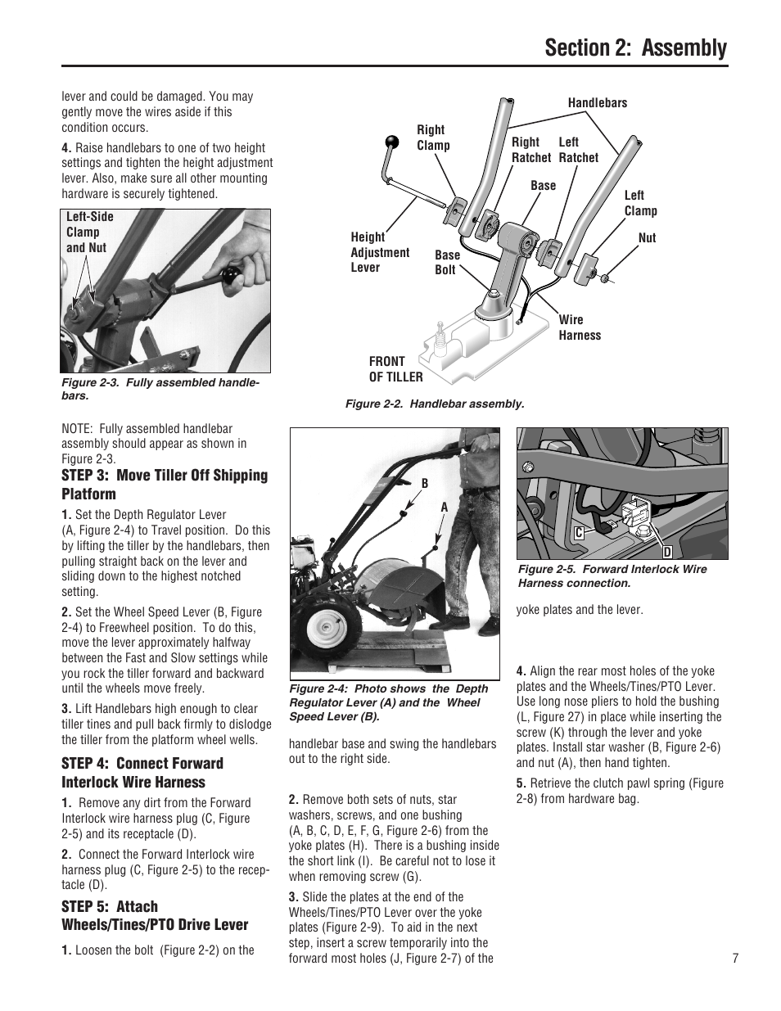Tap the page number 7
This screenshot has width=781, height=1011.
(x=735, y=959)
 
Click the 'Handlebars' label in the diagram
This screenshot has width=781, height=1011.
(x=597, y=103)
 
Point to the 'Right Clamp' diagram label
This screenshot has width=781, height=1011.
(x=432, y=138)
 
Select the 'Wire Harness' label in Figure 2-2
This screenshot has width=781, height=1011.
(x=579, y=327)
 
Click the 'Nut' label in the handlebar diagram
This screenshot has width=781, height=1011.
(x=647, y=238)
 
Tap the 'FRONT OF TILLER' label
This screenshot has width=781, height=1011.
(x=395, y=369)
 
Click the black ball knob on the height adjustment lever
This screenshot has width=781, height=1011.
(x=394, y=142)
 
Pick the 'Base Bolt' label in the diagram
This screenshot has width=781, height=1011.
(x=446, y=262)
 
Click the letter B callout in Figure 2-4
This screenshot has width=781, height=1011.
(x=425, y=484)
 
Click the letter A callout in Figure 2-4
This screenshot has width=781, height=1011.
(x=445, y=507)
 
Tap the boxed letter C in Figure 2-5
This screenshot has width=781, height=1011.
(x=578, y=533)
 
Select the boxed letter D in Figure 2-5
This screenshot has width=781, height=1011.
(x=666, y=553)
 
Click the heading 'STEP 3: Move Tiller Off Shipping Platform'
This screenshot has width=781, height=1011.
(x=164, y=485)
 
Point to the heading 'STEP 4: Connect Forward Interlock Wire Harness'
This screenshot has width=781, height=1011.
(x=142, y=773)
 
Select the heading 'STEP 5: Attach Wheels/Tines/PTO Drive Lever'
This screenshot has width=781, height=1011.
(x=154, y=915)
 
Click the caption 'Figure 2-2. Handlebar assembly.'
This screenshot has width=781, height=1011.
(x=434, y=404)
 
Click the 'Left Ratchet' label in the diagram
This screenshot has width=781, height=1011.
(x=578, y=150)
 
